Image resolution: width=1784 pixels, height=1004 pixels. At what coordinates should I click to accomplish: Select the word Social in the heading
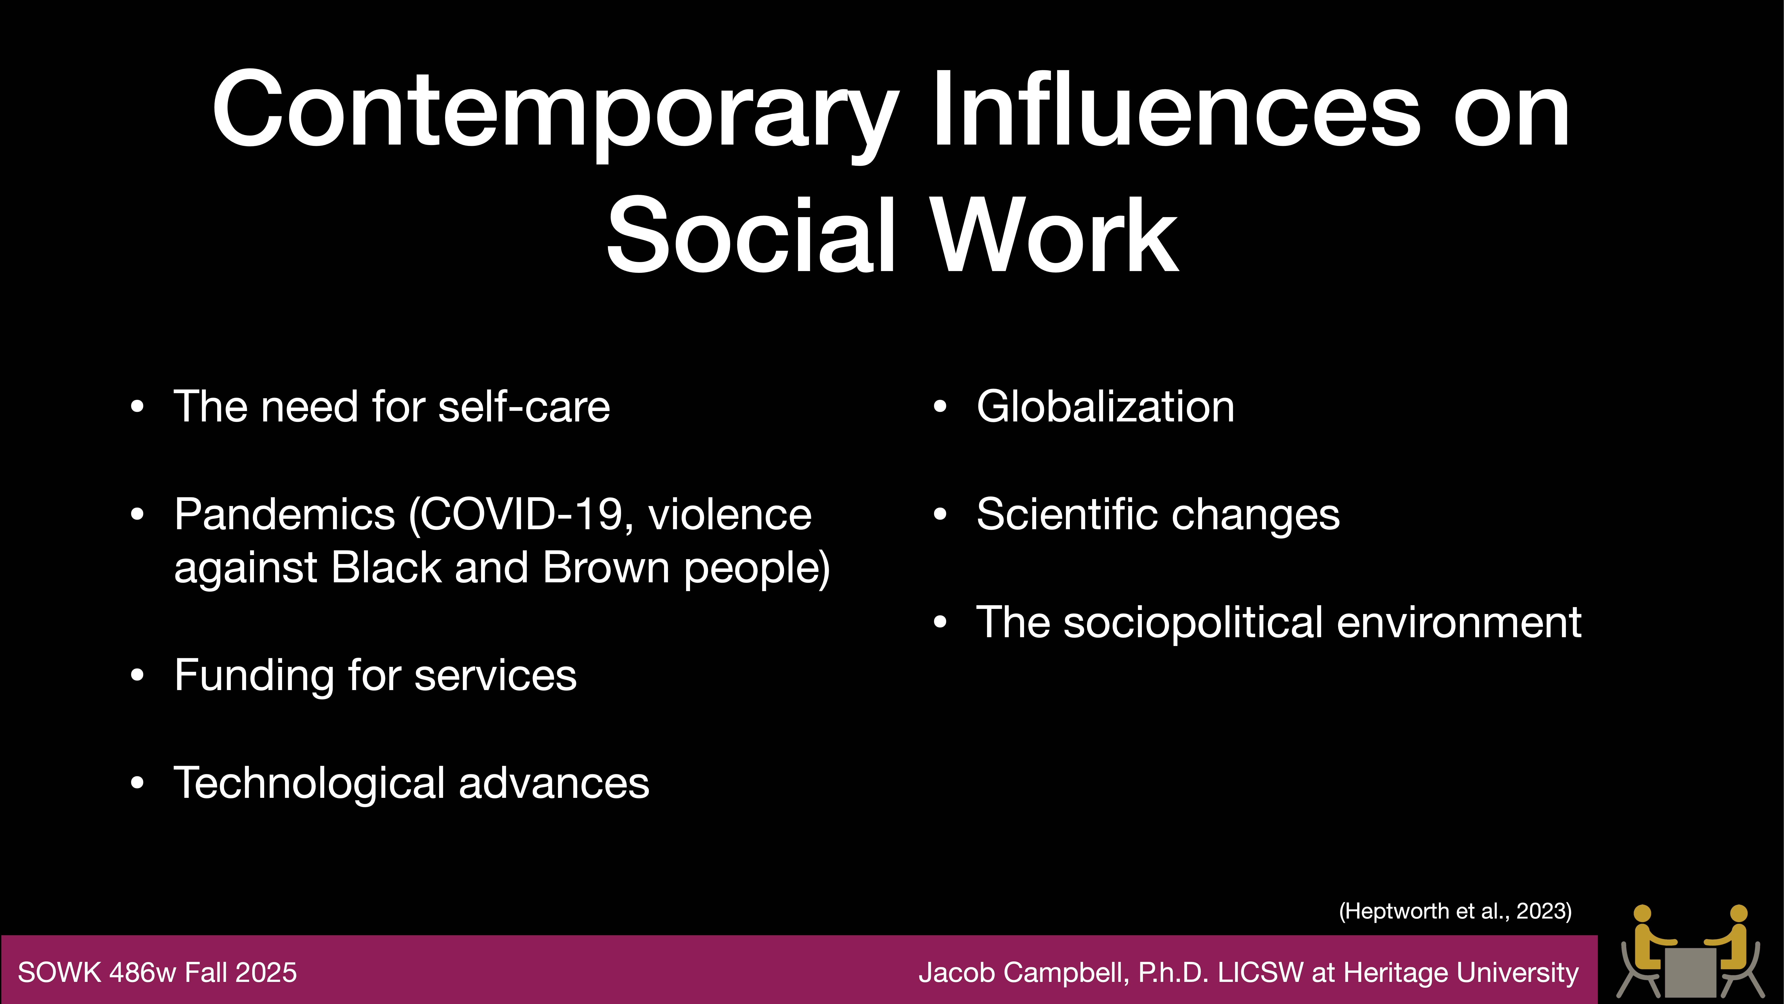coord(751,236)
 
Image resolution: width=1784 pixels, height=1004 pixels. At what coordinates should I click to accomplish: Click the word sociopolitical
coord(1193,622)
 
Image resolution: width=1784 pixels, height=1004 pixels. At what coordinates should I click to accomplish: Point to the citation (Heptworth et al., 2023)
coord(1455,911)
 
